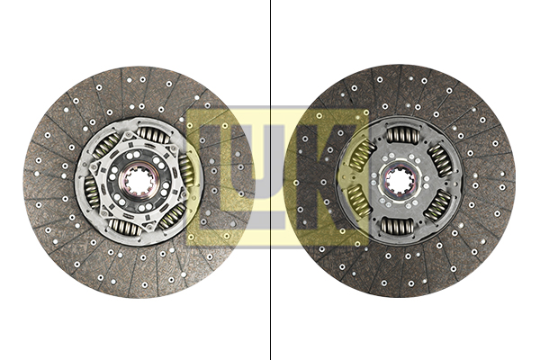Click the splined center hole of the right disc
(399, 181)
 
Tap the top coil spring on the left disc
(154, 135)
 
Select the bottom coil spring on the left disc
(125, 227)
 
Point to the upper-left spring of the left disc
(106, 146)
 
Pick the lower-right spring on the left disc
(173, 216)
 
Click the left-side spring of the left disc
(90, 191)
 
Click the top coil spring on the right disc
(403, 134)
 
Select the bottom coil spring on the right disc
(397, 227)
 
